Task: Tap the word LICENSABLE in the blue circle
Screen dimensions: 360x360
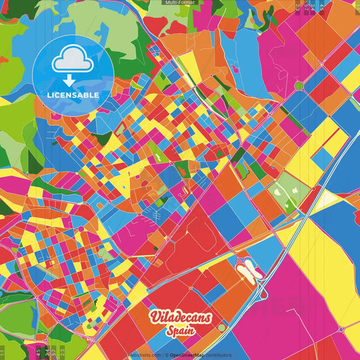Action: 73,95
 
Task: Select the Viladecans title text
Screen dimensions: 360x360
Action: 180,317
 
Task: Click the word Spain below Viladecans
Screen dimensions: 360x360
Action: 180,330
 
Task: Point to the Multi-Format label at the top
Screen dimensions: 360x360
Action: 180,3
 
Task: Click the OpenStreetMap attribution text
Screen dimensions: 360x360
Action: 199,355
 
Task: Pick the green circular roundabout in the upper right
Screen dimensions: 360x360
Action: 298,85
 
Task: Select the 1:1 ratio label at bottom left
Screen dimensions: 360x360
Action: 3,352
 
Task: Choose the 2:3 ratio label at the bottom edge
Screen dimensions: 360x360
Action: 63,352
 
